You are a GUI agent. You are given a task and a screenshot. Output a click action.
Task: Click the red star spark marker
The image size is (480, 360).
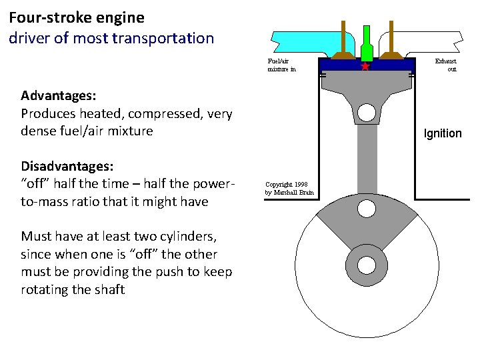pos(365,67)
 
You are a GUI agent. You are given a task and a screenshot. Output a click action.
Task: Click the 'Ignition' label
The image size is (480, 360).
pos(443,133)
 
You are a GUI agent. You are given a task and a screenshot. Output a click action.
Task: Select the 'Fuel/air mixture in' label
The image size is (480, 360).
pos(281,65)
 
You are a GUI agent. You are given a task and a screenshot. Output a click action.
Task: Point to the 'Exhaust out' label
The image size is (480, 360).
pos(445,65)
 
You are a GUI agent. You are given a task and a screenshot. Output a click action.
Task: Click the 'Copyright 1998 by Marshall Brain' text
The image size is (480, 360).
pos(289,188)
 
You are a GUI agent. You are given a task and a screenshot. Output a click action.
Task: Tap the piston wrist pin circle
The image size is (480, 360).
pos(366,112)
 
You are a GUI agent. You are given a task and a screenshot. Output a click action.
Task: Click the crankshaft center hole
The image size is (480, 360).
pos(366,264)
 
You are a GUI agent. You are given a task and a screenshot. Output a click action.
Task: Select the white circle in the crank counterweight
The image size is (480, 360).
pos(366,209)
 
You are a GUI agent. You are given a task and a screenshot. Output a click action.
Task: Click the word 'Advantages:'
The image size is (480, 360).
pos(57,96)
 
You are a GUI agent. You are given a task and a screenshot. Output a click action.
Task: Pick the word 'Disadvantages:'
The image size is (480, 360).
pos(67,166)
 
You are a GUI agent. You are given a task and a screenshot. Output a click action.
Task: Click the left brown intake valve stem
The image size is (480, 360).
pos(343,37)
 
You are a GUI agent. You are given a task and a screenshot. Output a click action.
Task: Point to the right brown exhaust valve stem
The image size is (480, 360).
pos(390,37)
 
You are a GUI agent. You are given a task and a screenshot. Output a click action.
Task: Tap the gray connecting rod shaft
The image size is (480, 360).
pos(366,160)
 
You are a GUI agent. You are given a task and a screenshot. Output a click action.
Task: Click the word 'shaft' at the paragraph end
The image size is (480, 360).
pos(109,289)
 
